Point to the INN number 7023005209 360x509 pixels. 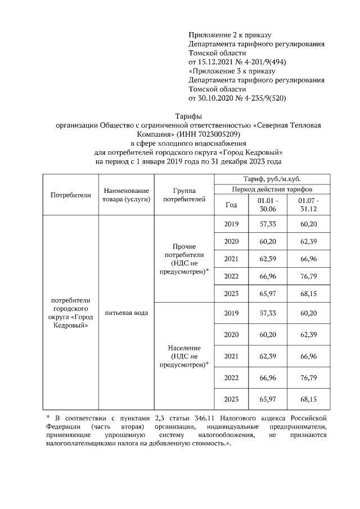click(204, 134)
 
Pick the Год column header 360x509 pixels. click(231, 205)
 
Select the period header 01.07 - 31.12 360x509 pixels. click(308, 205)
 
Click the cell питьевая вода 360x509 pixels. click(125, 313)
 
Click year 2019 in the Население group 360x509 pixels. click(231, 313)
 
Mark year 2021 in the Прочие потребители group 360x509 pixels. click(231, 258)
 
